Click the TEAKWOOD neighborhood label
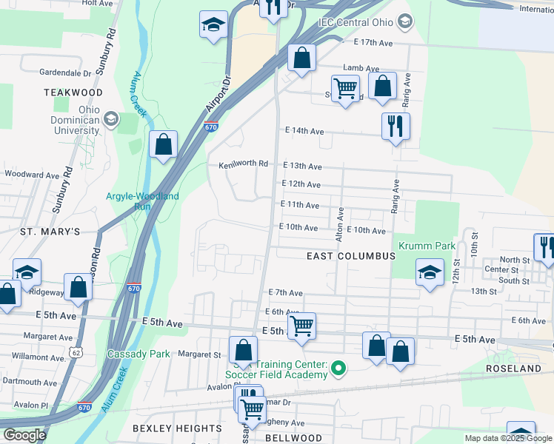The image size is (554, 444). pyautogui.click(x=73, y=92)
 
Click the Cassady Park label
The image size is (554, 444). pyautogui.click(x=138, y=354)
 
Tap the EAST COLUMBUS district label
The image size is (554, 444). pyautogui.click(x=351, y=256)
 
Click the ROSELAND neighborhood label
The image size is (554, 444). pyautogui.click(x=513, y=368)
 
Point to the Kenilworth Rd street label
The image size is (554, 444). pyautogui.click(x=243, y=164)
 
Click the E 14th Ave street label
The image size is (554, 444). pyautogui.click(x=305, y=131)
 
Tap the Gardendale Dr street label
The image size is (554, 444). pyautogui.click(x=66, y=73)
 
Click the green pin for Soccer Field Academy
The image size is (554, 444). pyautogui.click(x=339, y=367)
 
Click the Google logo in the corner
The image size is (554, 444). pyautogui.click(x=24, y=435)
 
